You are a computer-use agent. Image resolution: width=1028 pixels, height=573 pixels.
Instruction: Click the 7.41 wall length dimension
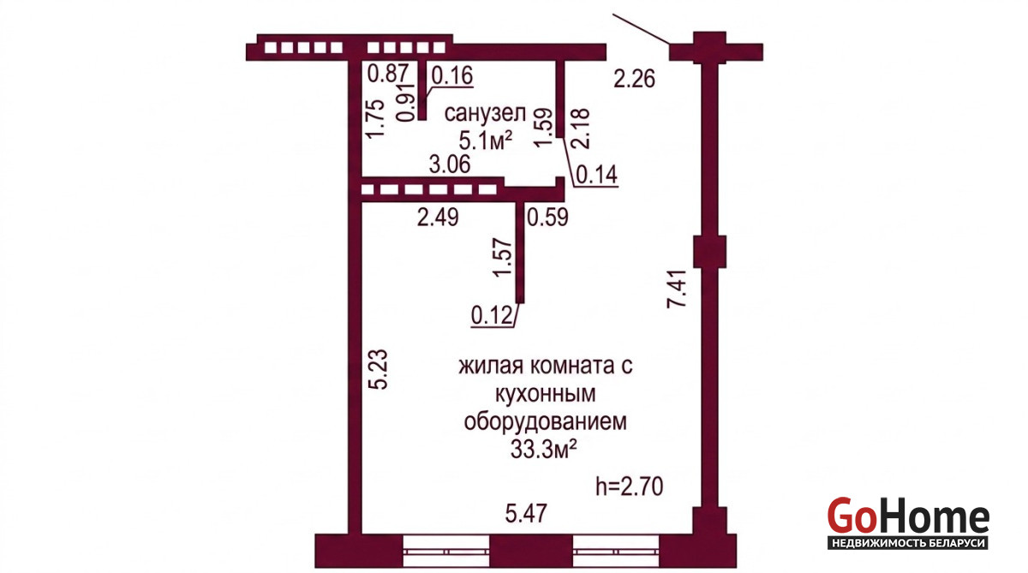coord(677,288)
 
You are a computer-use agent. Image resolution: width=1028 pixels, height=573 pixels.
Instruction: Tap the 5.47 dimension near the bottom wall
coord(526,513)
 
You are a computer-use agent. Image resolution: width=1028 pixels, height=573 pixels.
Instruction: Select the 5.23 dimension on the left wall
coord(379,369)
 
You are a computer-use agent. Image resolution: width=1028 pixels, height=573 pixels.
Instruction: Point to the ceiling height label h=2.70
coord(629,486)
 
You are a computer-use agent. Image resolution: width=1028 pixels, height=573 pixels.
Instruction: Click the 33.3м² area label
coord(544,450)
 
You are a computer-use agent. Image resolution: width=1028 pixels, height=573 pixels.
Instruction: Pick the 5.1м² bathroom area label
coord(486,140)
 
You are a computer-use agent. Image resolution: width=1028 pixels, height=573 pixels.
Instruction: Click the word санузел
coord(485,114)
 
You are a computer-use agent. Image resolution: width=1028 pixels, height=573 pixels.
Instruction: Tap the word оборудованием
coord(545,421)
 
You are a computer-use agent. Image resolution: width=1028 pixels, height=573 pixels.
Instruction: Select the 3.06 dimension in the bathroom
coord(450,164)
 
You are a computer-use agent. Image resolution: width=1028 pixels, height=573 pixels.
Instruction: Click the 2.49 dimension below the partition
coord(438,217)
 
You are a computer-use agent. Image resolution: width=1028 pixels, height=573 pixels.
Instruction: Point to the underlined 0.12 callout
coord(492,316)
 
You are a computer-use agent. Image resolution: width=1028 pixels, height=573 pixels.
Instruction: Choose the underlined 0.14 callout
coord(596,175)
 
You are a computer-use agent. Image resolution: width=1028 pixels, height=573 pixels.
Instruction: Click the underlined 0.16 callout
coord(452,75)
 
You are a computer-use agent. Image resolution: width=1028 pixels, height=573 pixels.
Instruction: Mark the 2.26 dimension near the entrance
coord(634,79)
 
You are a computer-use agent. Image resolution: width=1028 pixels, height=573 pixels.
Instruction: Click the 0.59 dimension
coord(547,217)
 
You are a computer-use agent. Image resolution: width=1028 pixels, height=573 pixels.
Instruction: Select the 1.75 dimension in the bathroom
coord(374,118)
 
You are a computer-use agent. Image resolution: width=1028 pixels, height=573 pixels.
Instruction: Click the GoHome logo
coord(908,522)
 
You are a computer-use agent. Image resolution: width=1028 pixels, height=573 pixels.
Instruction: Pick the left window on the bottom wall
coord(446,552)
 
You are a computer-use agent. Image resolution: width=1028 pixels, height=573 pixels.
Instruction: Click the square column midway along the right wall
coord(709,252)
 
